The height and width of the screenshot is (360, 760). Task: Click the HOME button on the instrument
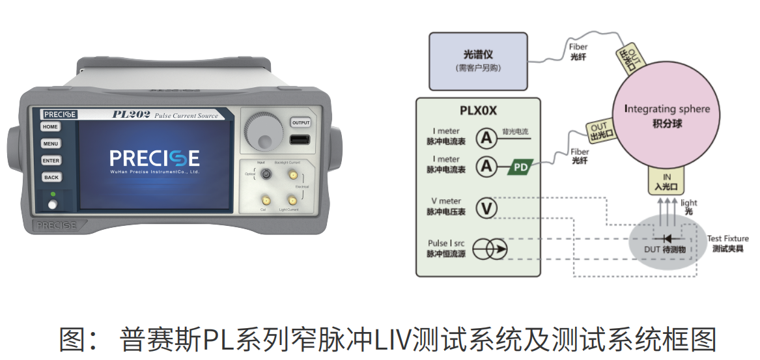(51, 127)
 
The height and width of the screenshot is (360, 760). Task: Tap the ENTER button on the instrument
(51, 161)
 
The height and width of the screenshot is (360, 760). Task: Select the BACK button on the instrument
(51, 177)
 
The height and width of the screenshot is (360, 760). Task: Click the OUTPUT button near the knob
(300, 123)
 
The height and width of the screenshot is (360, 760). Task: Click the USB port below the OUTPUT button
(300, 139)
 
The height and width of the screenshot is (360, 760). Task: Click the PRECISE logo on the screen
(154, 158)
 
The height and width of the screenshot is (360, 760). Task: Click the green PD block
(520, 167)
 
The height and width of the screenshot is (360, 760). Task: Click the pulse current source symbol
(489, 249)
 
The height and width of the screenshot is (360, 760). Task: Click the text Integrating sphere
(667, 109)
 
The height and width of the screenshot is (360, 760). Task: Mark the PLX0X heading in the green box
(478, 111)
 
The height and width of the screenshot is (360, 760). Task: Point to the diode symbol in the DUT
(666, 238)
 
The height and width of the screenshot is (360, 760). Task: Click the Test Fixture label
(727, 239)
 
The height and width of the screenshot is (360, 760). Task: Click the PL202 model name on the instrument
(132, 115)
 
